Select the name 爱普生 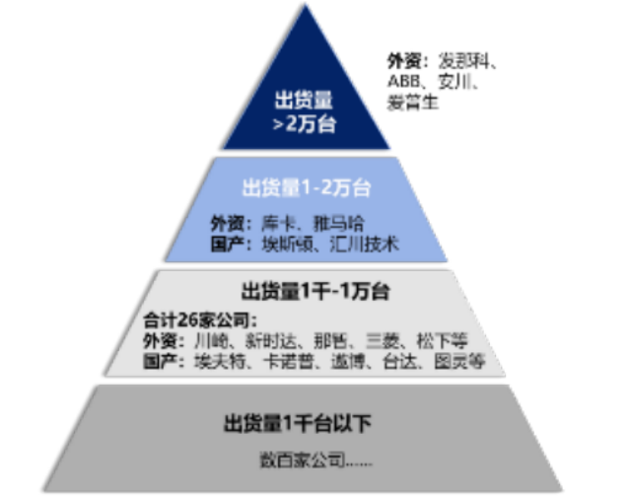click(x=412, y=102)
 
